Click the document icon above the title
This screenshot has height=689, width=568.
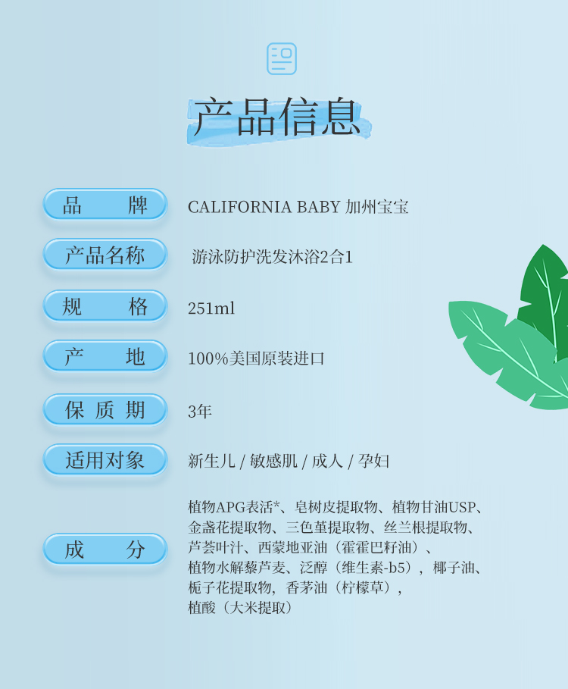282,59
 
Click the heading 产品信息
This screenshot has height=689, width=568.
277,117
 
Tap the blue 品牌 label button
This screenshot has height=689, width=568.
105,205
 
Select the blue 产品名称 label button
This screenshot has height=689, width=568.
105,255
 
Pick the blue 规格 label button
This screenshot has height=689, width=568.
105,305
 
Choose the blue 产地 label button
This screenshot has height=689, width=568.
105,356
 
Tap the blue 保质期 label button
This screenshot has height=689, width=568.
105,409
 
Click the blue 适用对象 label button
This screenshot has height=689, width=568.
105,459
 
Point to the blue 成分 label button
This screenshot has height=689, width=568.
105,549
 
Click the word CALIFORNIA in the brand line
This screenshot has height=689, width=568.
239,207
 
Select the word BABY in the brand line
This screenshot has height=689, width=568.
319,207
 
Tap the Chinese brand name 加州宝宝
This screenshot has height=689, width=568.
377,207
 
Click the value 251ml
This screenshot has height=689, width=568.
211,308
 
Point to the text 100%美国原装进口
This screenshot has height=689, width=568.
256,359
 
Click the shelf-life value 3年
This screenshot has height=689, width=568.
200,412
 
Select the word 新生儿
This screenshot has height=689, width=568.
211,462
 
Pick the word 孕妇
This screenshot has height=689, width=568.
373,462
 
